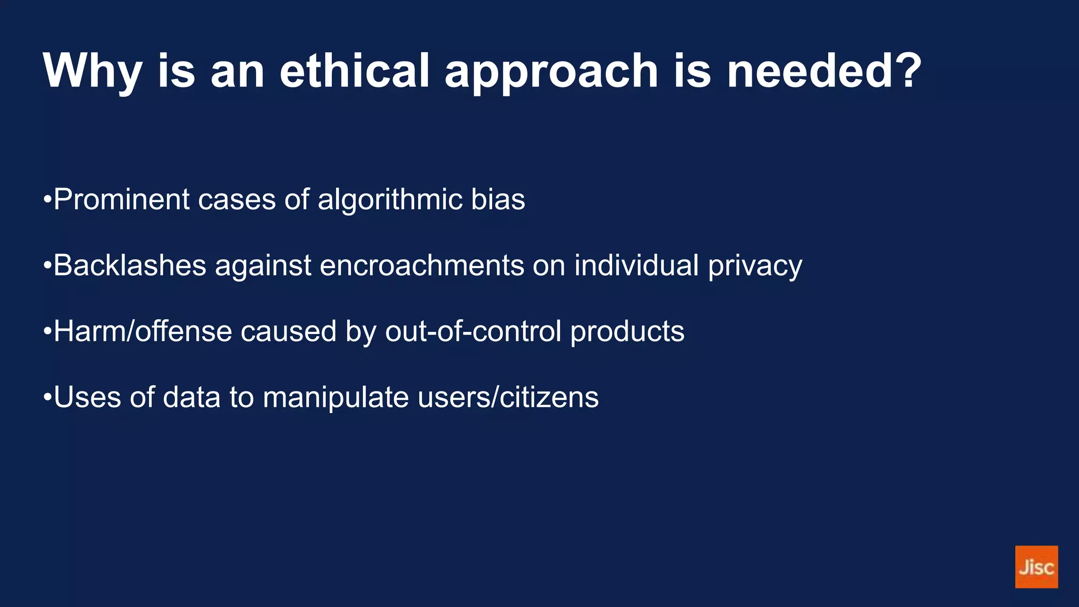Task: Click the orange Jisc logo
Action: (1036, 566)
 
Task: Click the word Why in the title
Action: (93, 71)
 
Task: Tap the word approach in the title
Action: (551, 71)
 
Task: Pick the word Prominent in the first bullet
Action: (122, 200)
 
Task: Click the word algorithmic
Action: (390, 200)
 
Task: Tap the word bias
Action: (498, 200)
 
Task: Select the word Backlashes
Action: (130, 265)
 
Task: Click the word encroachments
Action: (421, 265)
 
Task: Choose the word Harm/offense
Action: (143, 331)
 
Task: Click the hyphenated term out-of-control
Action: (473, 331)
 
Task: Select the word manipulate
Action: (336, 397)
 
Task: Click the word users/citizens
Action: (508, 397)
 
